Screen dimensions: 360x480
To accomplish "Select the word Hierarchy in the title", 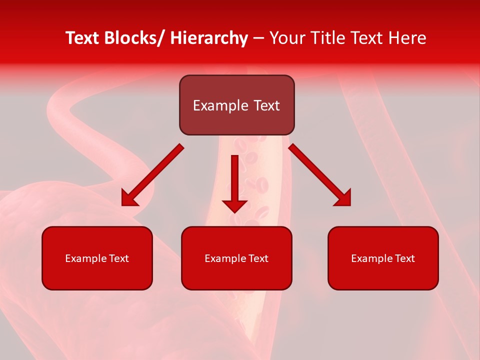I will pyautogui.click(x=209, y=38).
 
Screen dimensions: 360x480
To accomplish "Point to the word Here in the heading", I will pyautogui.click(x=408, y=38).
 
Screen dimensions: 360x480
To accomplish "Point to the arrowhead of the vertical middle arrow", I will pyautogui.click(x=234, y=205).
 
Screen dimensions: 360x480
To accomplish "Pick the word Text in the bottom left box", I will pyautogui.click(x=119, y=258).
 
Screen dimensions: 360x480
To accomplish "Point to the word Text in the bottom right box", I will pyautogui.click(x=405, y=258).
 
